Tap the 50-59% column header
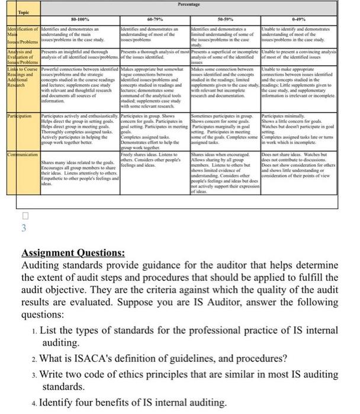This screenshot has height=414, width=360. (x=224, y=20)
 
